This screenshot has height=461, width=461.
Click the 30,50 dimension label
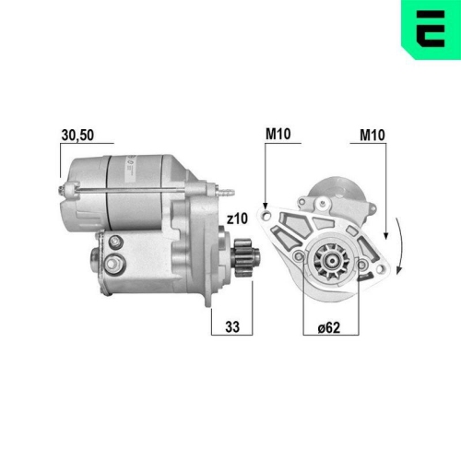77,136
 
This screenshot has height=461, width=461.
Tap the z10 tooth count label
237,219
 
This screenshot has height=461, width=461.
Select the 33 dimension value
232,327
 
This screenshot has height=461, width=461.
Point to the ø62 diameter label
329,327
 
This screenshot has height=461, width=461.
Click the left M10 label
278,134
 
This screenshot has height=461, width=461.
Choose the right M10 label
372,135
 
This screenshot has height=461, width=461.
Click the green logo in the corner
431,30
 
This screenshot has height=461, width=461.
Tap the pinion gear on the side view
245,258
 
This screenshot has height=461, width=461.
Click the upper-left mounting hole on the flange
266,217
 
